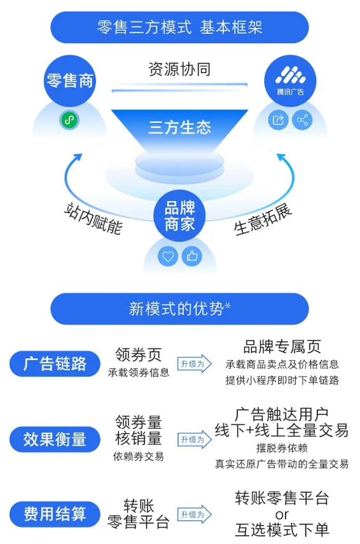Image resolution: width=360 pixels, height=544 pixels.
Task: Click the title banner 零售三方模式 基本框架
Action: click(179, 27)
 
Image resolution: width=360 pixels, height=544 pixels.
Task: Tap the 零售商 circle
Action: click(69, 81)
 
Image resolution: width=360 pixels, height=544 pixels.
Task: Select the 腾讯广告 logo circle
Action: click(290, 81)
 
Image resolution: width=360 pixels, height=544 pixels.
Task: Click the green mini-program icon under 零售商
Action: click(69, 120)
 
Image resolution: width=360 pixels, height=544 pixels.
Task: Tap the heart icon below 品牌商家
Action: click(168, 256)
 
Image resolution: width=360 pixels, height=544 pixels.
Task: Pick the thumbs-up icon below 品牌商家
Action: click(192, 256)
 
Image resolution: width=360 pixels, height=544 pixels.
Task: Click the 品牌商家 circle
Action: click(179, 216)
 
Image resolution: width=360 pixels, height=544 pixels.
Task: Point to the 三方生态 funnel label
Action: click(179, 127)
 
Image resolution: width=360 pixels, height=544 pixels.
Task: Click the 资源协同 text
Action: click(179, 69)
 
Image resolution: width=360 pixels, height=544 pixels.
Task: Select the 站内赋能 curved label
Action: click(93, 219)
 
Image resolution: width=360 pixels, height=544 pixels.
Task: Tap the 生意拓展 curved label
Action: click(263, 220)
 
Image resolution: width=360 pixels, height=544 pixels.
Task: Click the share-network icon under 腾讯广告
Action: click(302, 120)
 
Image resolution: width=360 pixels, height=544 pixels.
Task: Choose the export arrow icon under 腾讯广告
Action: click(278, 120)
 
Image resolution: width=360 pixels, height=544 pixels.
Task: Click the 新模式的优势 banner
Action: click(179, 309)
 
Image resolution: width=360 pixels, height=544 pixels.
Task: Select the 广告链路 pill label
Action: click(55, 363)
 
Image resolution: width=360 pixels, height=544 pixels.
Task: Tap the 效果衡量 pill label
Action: click(55, 439)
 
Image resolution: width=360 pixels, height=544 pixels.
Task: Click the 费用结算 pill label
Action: click(55, 514)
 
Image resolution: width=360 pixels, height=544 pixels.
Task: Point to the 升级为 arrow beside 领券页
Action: click(194, 363)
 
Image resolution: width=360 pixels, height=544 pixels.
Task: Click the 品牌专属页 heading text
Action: click(282, 347)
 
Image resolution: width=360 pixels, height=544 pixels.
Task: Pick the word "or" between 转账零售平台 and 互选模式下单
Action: click(282, 515)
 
